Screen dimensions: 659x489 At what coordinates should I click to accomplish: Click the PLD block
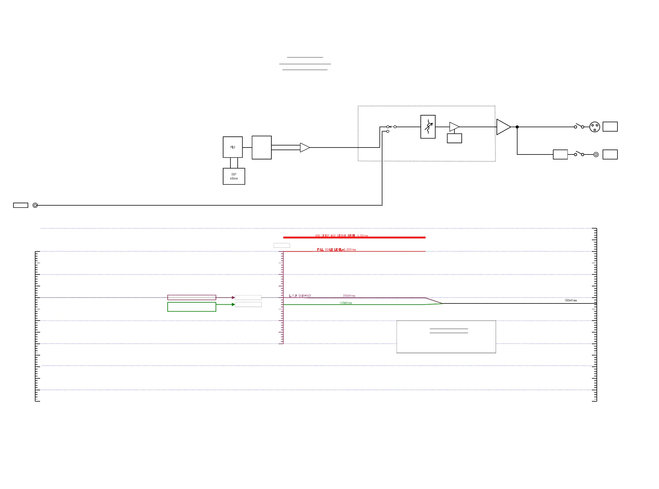232,147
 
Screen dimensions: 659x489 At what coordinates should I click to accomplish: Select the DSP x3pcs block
234,177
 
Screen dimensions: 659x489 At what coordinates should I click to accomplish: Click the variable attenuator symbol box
428,127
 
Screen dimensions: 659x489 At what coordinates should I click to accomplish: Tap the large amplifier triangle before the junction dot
503,127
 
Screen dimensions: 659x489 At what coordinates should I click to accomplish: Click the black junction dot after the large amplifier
517,127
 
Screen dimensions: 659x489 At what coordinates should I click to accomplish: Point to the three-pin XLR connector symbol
594,127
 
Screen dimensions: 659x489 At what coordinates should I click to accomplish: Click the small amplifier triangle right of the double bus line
305,148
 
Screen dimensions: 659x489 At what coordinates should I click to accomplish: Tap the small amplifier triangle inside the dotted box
454,127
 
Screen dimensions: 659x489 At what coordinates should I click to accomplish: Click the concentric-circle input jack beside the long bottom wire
35,205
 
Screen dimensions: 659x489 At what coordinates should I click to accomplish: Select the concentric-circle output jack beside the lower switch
596,154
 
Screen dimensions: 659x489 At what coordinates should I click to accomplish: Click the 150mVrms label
570,301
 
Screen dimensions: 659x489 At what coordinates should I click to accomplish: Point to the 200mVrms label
349,296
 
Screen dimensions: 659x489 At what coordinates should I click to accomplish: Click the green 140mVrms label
346,303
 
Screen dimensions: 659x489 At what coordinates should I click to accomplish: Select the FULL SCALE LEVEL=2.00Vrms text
336,249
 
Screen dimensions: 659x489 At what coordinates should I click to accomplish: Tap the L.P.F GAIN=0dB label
300,296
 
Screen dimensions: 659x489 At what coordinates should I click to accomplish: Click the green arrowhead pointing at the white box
233,304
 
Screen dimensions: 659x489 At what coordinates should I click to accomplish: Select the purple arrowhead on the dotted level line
233,297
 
